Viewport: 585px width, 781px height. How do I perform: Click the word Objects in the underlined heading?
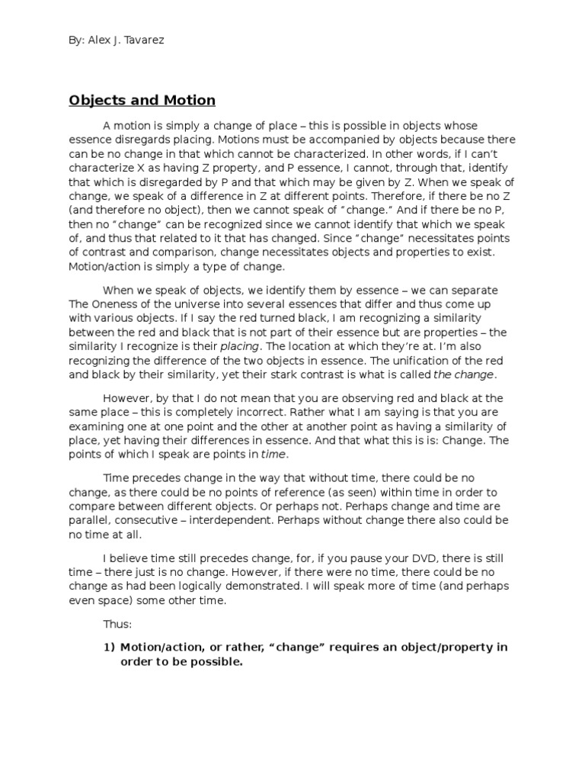(95, 101)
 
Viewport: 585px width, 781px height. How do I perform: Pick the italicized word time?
(273, 453)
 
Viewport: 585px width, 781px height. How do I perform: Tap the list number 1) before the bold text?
(110, 647)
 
